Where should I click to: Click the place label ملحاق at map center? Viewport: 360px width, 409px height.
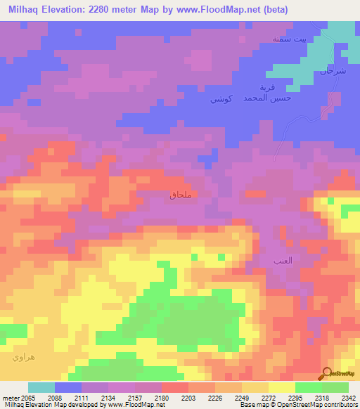tap(181, 195)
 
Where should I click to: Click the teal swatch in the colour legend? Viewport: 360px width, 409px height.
tap(41, 387)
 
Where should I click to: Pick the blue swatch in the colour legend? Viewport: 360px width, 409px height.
tap(67, 387)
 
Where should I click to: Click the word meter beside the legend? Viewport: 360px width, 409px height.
tap(9, 397)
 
